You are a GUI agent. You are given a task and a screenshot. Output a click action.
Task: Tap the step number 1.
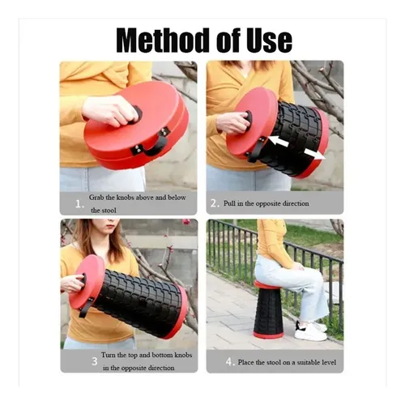(x=79, y=204)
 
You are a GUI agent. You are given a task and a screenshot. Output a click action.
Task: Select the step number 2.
(x=213, y=203)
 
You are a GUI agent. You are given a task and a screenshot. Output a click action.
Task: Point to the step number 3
(x=94, y=361)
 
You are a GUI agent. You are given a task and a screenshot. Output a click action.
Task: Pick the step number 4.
(x=229, y=361)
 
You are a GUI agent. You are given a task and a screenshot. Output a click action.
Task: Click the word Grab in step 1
(x=96, y=198)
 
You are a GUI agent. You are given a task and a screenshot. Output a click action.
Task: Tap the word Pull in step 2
(x=229, y=203)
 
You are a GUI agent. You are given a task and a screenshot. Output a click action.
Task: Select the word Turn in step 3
(x=109, y=355)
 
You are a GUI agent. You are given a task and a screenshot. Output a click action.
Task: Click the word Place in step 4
(x=245, y=362)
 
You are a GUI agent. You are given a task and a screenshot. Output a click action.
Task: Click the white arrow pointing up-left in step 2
(x=278, y=142)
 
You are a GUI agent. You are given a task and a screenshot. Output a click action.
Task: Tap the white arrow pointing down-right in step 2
(x=314, y=154)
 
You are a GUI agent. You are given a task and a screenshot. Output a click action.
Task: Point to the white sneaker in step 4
(x=310, y=332)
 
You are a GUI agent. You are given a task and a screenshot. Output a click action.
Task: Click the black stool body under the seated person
(x=267, y=311)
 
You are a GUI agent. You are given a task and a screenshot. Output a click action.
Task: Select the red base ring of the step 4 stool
(x=268, y=335)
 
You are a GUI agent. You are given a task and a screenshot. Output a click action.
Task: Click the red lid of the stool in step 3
(x=87, y=281)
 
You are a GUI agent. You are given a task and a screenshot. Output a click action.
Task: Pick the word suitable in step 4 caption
(x=308, y=362)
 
